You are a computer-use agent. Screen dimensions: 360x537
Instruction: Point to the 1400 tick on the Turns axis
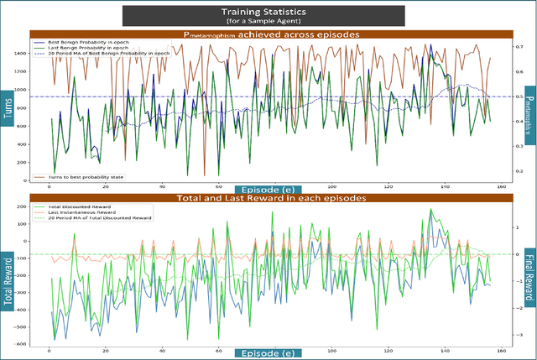coord(19,52)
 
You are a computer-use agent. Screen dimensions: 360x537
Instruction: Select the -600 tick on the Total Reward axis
coord(18,344)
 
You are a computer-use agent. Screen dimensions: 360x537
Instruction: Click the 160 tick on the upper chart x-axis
coord(500,187)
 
